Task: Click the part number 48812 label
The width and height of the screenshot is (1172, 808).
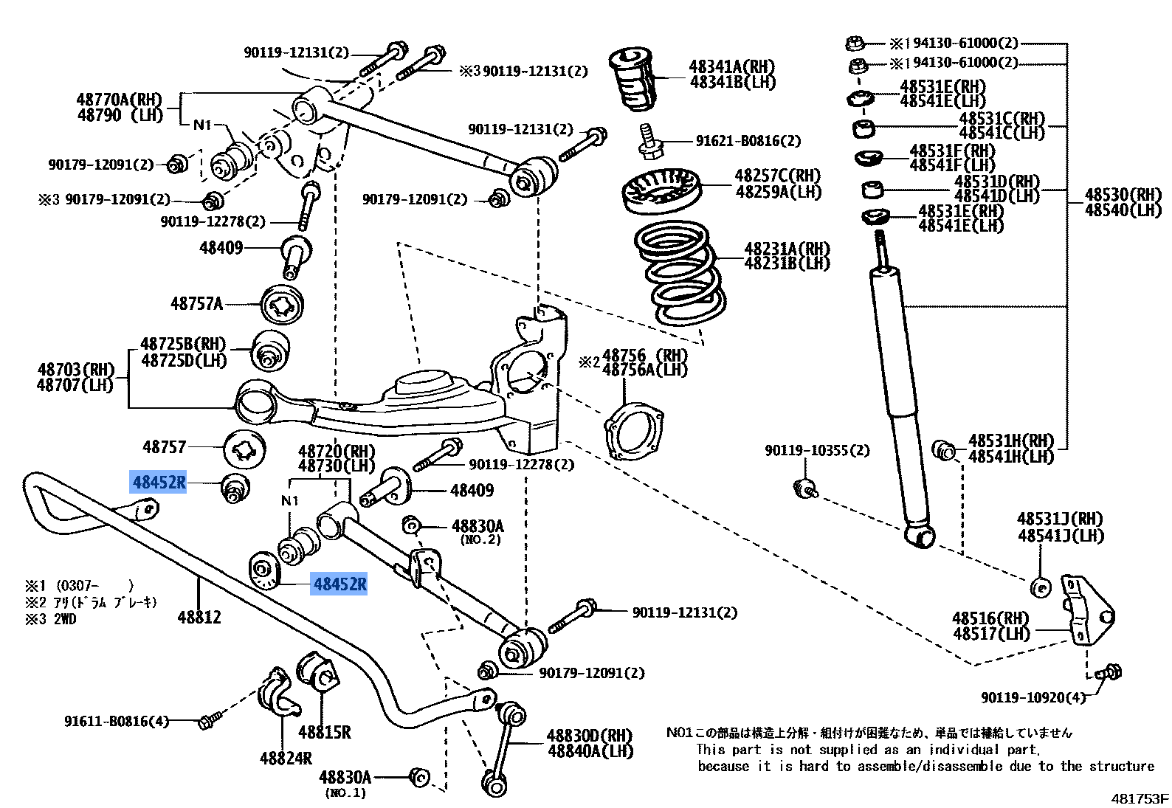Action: coord(199,617)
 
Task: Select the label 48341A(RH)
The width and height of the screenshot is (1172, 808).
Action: coord(731,67)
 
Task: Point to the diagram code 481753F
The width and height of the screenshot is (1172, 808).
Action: coord(1140,798)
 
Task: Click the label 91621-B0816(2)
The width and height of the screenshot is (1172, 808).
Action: coord(748,141)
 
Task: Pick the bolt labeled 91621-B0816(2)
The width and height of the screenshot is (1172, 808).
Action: coord(649,141)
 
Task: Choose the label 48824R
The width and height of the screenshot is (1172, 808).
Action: coord(286,758)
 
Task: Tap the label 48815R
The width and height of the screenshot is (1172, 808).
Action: coord(324,732)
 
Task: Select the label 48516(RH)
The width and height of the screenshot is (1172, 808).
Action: coord(990,618)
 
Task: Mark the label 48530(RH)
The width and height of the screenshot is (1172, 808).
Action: coord(1123,195)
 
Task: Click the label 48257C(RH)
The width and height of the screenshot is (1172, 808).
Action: coord(777,176)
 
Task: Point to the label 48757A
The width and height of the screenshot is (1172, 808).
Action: coord(196,303)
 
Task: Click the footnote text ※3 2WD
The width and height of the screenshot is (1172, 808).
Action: coord(51,619)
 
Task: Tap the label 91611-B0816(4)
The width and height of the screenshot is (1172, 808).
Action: coord(117,721)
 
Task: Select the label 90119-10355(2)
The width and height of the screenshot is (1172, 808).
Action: coord(817,450)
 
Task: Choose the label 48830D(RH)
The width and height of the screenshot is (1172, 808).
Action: coord(589,736)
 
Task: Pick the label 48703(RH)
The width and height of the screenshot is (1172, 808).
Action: coord(75,369)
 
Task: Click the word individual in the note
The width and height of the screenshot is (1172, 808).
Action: coord(963,749)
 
